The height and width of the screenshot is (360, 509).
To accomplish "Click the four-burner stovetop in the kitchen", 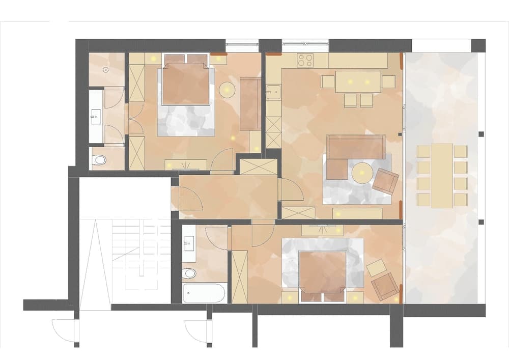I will pyautogui.click(x=305, y=61).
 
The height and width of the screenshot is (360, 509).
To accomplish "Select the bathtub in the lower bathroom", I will pyautogui.click(x=204, y=293).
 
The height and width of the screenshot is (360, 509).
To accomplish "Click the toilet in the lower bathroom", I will pyautogui.click(x=189, y=273).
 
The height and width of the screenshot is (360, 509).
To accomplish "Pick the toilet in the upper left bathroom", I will pyautogui.click(x=99, y=160).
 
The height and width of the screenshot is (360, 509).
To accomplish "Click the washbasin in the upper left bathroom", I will pyautogui.click(x=95, y=117).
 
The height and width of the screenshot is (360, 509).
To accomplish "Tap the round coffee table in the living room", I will pyautogui.click(x=362, y=173).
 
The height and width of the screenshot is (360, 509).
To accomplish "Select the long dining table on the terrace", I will pyautogui.click(x=441, y=175).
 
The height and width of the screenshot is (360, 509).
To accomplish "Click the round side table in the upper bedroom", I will pyautogui.click(x=227, y=90).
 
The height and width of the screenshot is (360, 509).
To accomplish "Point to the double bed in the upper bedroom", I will pyautogui.click(x=186, y=94).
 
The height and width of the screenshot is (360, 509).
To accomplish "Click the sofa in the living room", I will pyautogui.click(x=355, y=147).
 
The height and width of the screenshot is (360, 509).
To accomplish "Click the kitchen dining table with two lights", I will pyautogui.click(x=358, y=81).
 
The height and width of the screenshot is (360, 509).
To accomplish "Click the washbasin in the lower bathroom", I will pyautogui.click(x=189, y=244).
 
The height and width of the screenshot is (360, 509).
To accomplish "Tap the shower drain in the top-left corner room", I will pyautogui.click(x=106, y=69).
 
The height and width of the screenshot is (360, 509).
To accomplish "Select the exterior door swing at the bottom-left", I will pyautogui.click(x=65, y=330).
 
